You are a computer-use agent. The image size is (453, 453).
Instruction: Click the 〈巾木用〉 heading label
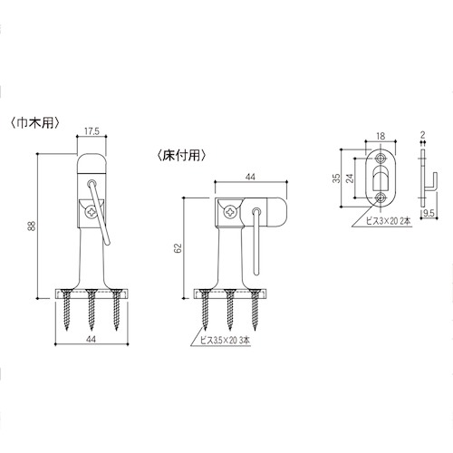[34, 122]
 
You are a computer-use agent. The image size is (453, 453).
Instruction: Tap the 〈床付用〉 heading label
[182, 155]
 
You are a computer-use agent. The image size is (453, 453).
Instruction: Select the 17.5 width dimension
[92, 131]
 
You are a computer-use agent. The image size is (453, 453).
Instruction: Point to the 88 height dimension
[32, 226]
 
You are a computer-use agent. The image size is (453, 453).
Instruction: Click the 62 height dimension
[178, 247]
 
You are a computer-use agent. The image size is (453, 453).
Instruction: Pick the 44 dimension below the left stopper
[91, 339]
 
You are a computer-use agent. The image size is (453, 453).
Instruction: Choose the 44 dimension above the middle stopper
[250, 177]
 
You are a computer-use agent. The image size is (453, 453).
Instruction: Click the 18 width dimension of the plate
[381, 136]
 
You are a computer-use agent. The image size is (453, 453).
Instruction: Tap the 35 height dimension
[336, 178]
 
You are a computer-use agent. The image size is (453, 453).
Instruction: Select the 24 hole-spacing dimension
[350, 178]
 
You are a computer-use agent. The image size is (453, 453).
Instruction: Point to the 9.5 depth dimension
[429, 213]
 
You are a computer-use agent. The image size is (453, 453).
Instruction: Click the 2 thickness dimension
[422, 135]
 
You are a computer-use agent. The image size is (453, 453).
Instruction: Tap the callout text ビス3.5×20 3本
[225, 341]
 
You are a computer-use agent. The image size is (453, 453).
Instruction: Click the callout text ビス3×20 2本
[388, 221]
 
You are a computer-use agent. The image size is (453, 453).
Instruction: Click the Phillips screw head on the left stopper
[92, 212]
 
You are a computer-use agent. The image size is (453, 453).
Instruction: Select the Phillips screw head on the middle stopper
[230, 212]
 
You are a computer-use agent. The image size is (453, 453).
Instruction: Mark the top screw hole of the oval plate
[381, 158]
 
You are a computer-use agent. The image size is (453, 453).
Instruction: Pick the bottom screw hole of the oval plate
[381, 198]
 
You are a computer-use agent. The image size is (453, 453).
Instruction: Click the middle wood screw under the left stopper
[92, 309]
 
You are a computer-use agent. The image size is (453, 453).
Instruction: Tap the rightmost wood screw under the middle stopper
[255, 309]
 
